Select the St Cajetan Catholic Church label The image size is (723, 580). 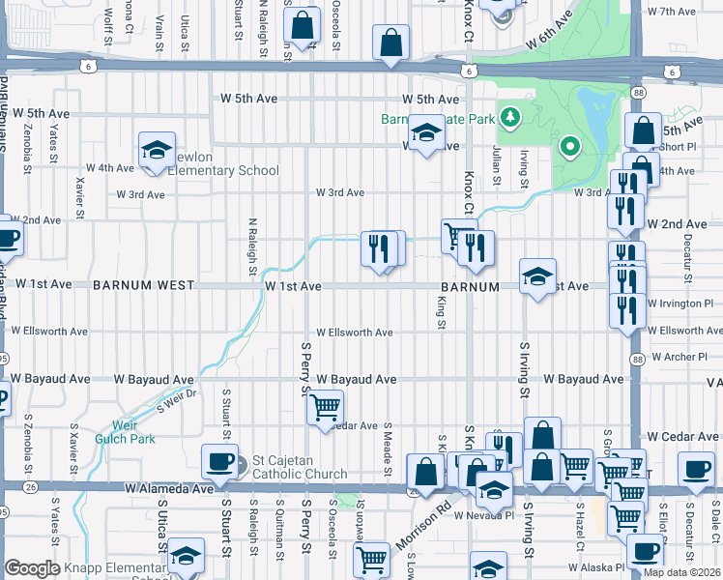coord(299,467)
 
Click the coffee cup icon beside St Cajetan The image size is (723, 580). coord(219,463)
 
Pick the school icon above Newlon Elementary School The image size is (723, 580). coord(157,151)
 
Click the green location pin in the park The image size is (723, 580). coord(570,148)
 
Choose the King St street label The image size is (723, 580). coord(441,312)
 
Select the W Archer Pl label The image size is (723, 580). coord(680,357)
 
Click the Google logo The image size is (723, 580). coord(33,569)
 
